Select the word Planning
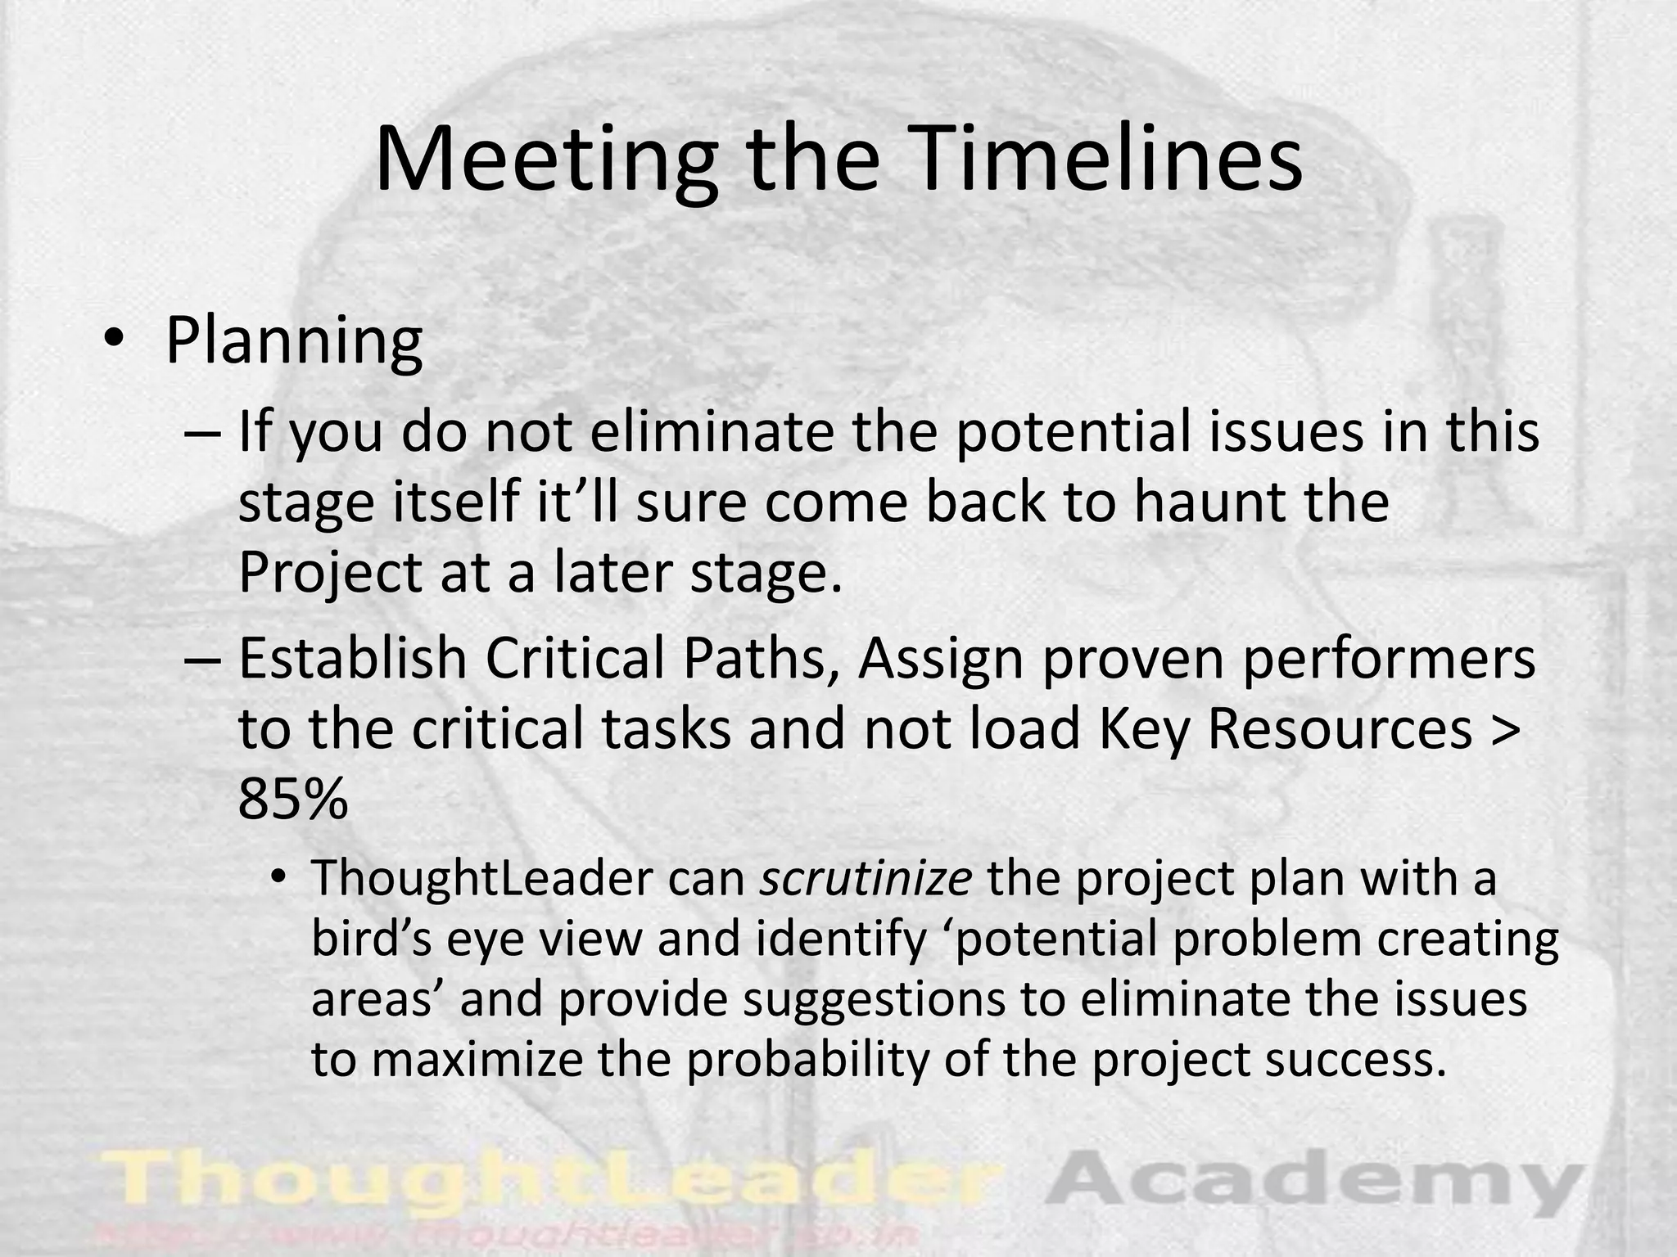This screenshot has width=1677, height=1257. point(294,342)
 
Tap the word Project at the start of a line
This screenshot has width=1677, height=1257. point(329,573)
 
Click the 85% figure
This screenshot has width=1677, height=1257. point(293,799)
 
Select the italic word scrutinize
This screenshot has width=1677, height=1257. point(866,879)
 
